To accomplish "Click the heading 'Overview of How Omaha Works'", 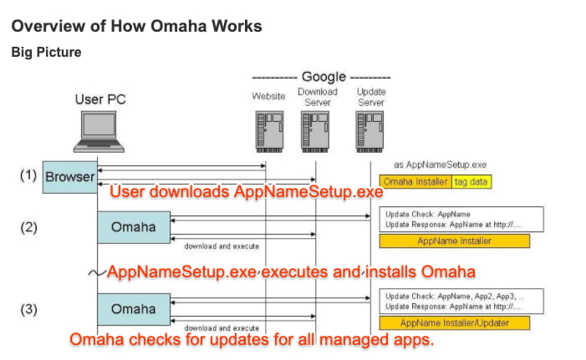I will pyautogui.click(x=136, y=26).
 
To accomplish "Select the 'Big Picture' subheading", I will pyautogui.click(x=46, y=53).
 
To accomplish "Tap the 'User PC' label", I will pyautogui.click(x=100, y=99).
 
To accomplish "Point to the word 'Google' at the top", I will pyautogui.click(x=324, y=76).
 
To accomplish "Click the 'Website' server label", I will pyautogui.click(x=268, y=96).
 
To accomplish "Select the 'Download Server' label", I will pyautogui.click(x=318, y=97).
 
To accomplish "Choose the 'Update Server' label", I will pyautogui.click(x=370, y=97).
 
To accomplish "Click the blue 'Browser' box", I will pyautogui.click(x=69, y=178).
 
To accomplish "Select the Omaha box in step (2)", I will pyautogui.click(x=134, y=226).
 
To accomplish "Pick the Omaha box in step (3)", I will pyautogui.click(x=134, y=308).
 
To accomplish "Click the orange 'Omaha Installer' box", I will pyautogui.click(x=415, y=181).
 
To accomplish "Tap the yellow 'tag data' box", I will pyautogui.click(x=472, y=181).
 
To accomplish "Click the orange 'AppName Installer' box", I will pyautogui.click(x=455, y=241).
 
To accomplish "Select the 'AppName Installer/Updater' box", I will pyautogui.click(x=455, y=322).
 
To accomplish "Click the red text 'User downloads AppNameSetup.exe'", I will pyautogui.click(x=247, y=193).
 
